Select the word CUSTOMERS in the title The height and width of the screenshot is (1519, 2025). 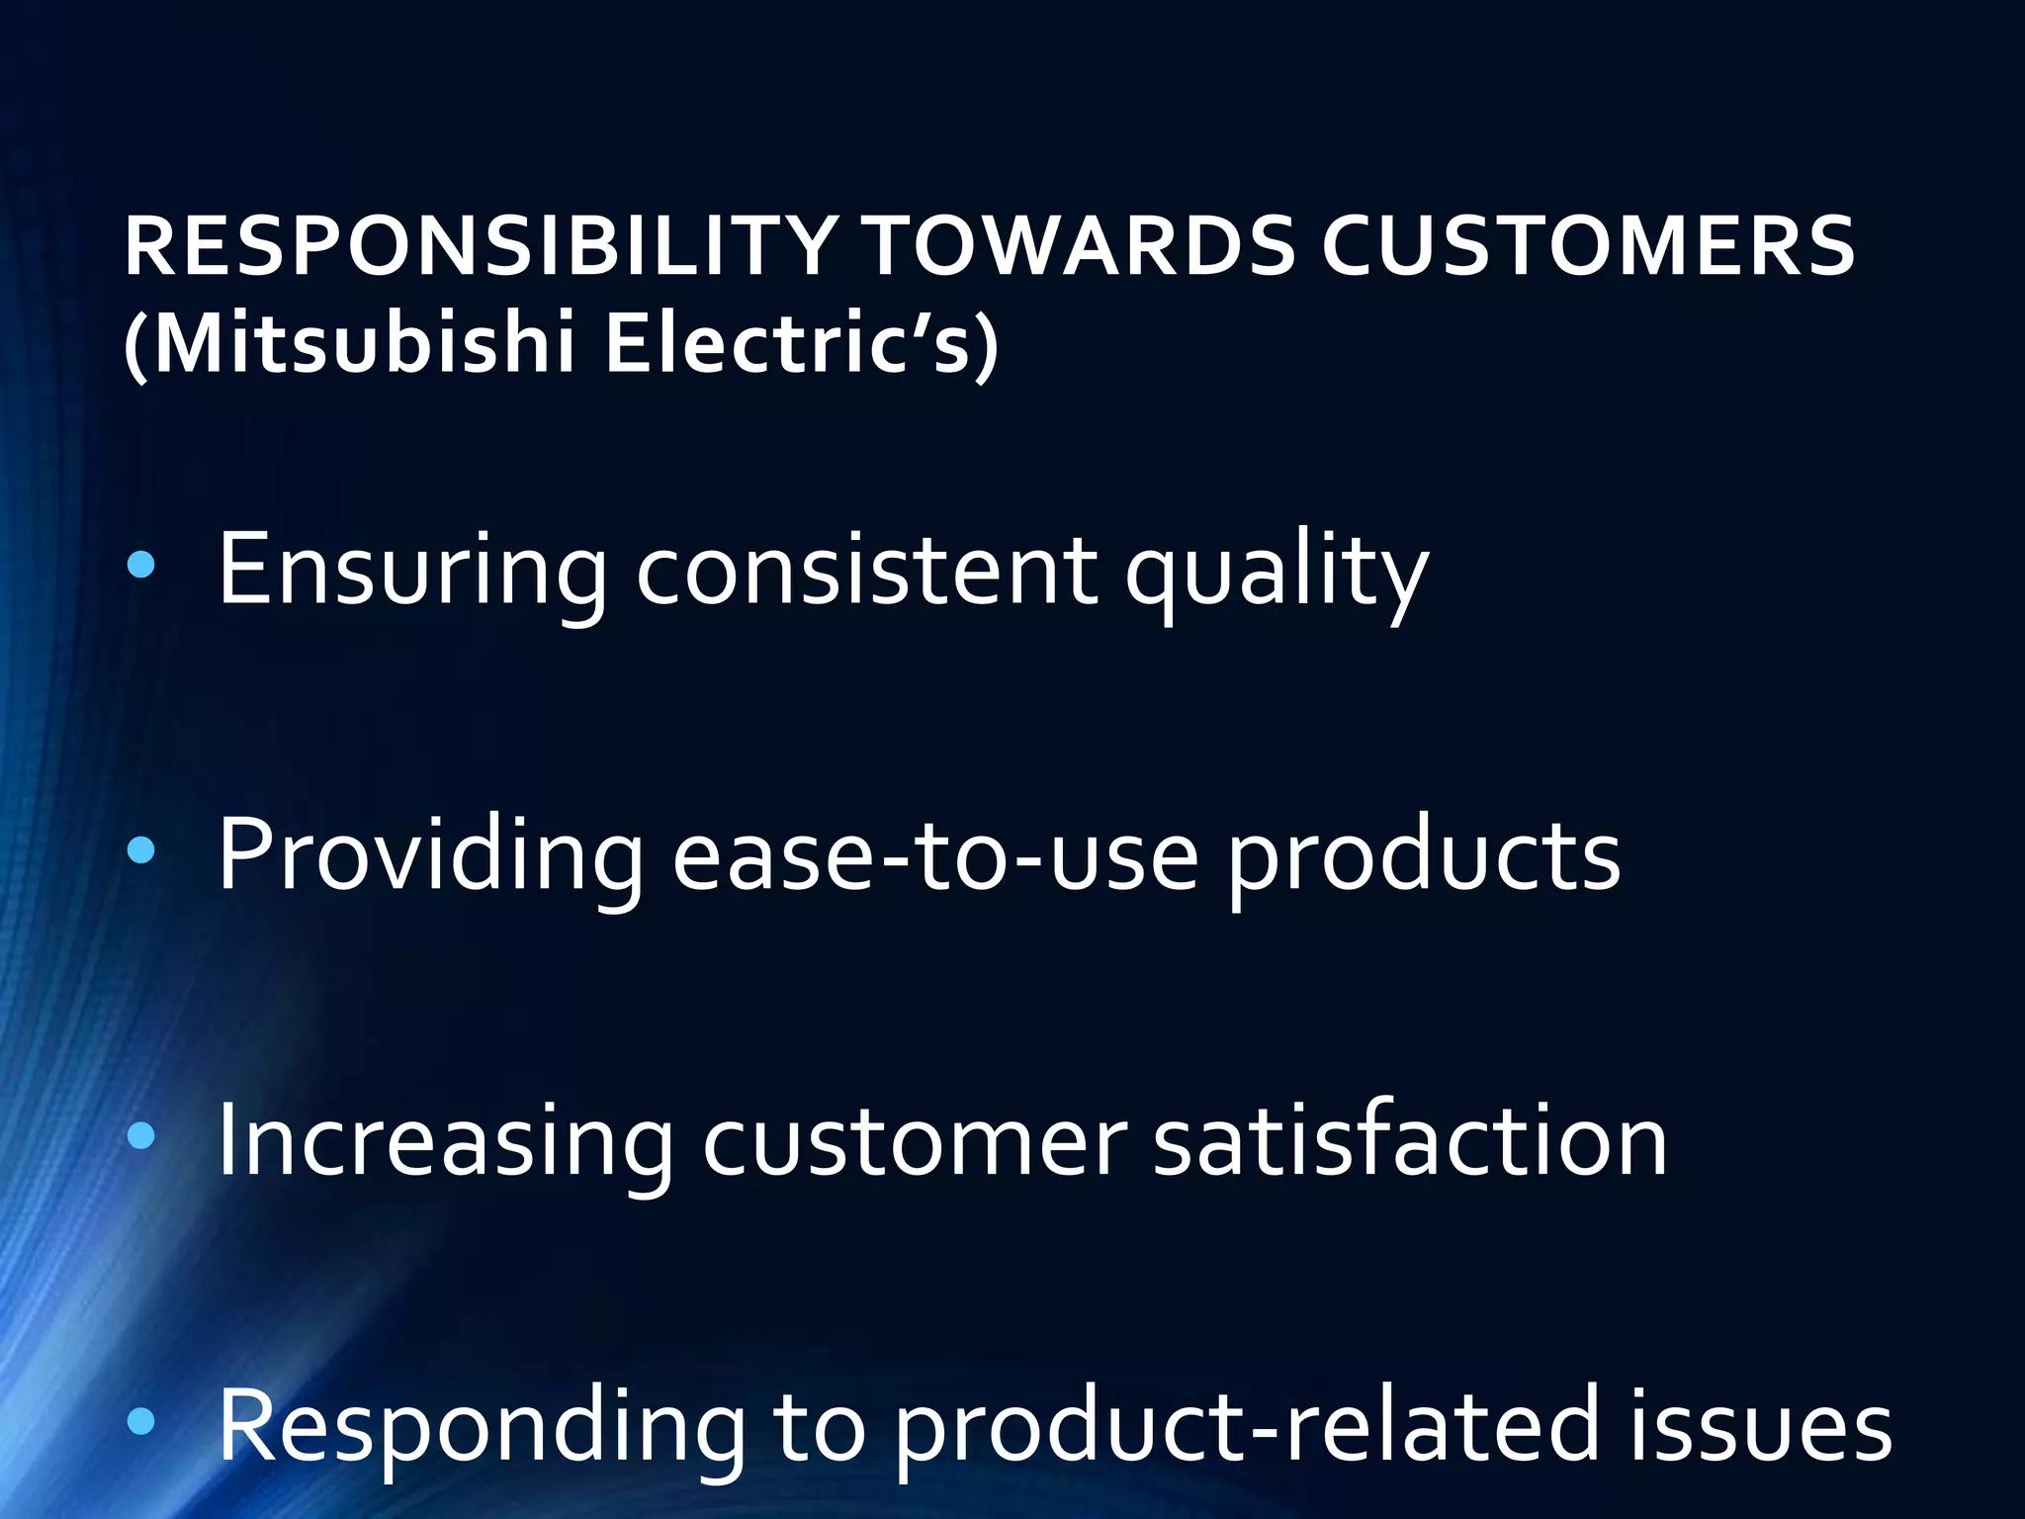[1588, 247]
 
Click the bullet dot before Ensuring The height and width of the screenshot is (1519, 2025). [142, 566]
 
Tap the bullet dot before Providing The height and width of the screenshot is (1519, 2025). [142, 850]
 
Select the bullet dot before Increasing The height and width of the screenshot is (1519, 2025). [142, 1136]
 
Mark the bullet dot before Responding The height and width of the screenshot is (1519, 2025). [142, 1422]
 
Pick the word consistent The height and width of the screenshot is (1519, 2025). [866, 572]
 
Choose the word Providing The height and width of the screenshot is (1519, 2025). [430, 856]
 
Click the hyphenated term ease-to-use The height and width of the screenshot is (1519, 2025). [934, 856]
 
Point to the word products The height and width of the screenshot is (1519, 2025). [1424, 856]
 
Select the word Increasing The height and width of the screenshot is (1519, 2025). [444, 1142]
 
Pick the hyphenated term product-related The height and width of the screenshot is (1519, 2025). [1246, 1427]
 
